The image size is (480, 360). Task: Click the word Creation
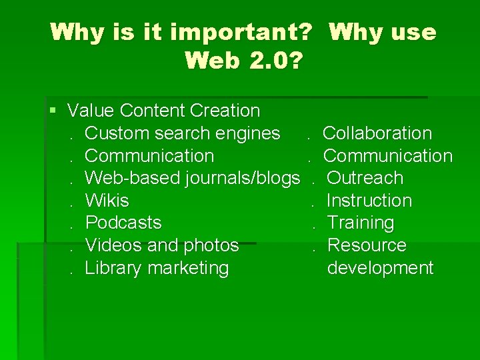[x=225, y=110]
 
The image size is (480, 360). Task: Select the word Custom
[x=117, y=133]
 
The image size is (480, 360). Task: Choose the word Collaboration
[x=377, y=133]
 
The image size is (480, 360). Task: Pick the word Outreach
[x=365, y=178]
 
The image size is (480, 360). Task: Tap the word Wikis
[x=107, y=201]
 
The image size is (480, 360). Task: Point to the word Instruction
[x=369, y=201]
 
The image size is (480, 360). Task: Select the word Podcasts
[x=123, y=223]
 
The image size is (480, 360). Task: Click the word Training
[x=361, y=223]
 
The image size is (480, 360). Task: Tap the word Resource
[x=367, y=245]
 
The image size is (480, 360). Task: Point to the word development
[x=380, y=268]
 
